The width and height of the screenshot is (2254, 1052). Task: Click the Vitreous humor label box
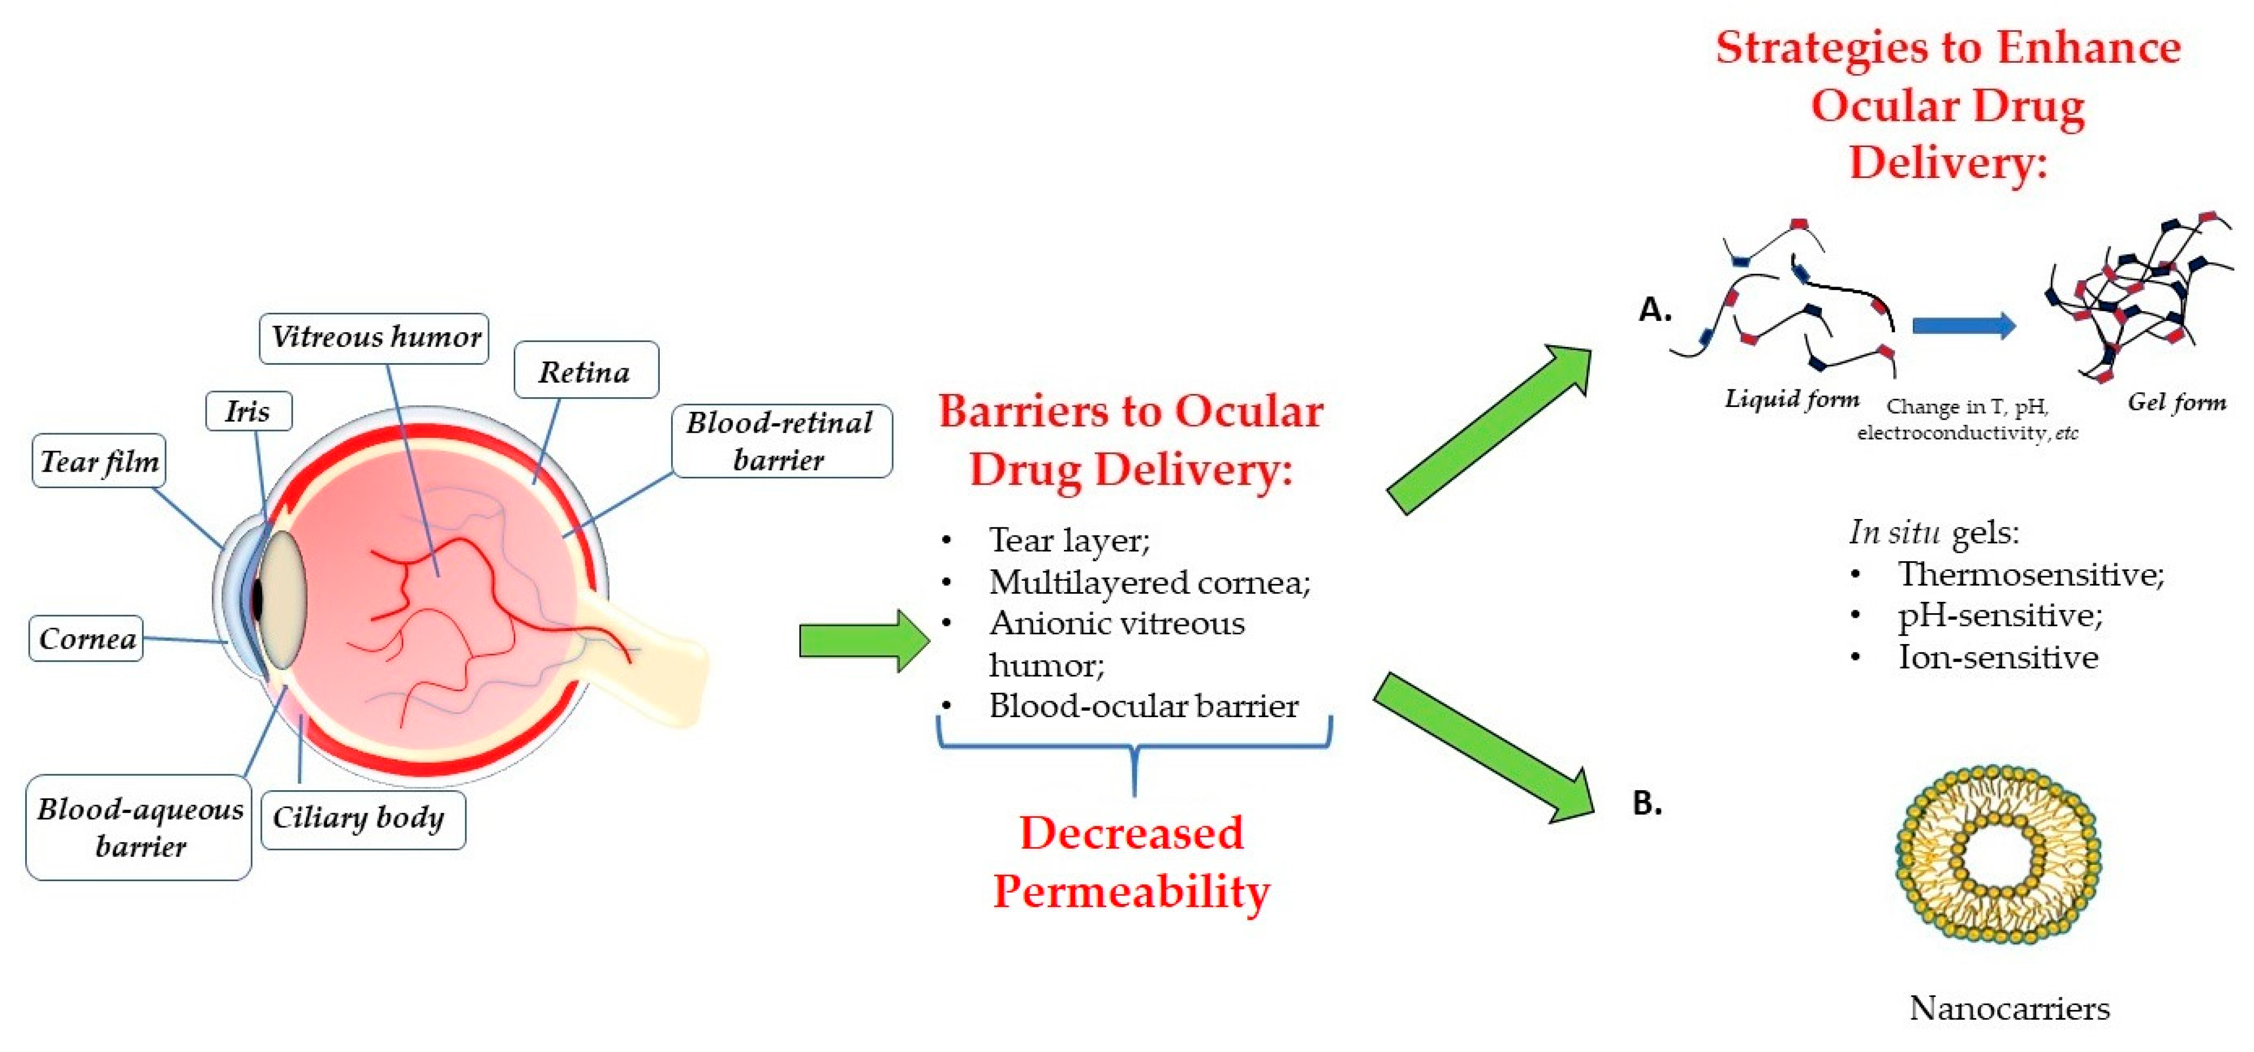coord(374,338)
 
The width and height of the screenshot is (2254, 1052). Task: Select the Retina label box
coord(585,371)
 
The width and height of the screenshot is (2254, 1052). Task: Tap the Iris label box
coord(248,412)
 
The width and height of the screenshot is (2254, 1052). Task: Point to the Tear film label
coord(99,461)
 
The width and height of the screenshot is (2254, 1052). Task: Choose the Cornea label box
coord(86,639)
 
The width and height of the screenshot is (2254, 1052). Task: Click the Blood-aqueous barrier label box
coord(139,827)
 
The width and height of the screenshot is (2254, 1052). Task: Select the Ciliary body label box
coord(362,819)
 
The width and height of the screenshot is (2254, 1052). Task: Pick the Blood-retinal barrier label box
coord(781,441)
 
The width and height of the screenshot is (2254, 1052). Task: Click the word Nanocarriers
coord(2010,1008)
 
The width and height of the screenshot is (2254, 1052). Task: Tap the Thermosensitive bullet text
coord(2030,575)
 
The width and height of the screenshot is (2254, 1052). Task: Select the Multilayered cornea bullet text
coord(1149,582)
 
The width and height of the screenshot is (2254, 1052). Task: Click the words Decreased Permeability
coord(1131,862)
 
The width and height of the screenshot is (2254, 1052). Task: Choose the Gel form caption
coord(2176,403)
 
